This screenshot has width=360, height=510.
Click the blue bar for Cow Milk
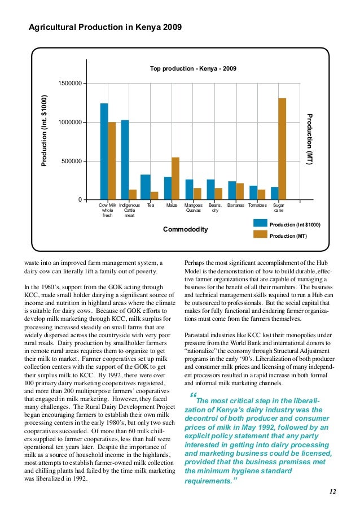pos(104,151)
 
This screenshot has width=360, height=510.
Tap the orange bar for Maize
pos(175,178)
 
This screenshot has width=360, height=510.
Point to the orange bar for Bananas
pos(240,191)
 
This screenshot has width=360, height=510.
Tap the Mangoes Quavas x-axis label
pos(194,208)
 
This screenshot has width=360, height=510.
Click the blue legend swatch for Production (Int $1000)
pos(260,224)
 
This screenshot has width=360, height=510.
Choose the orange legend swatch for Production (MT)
pos(260,234)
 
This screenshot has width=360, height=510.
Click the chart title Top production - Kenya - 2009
pos(193,69)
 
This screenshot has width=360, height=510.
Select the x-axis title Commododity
pos(185,229)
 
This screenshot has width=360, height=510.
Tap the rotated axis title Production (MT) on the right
pos(309,139)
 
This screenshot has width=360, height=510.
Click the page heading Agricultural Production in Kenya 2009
pos(106,27)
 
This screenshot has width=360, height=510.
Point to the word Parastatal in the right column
pos(199,335)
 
